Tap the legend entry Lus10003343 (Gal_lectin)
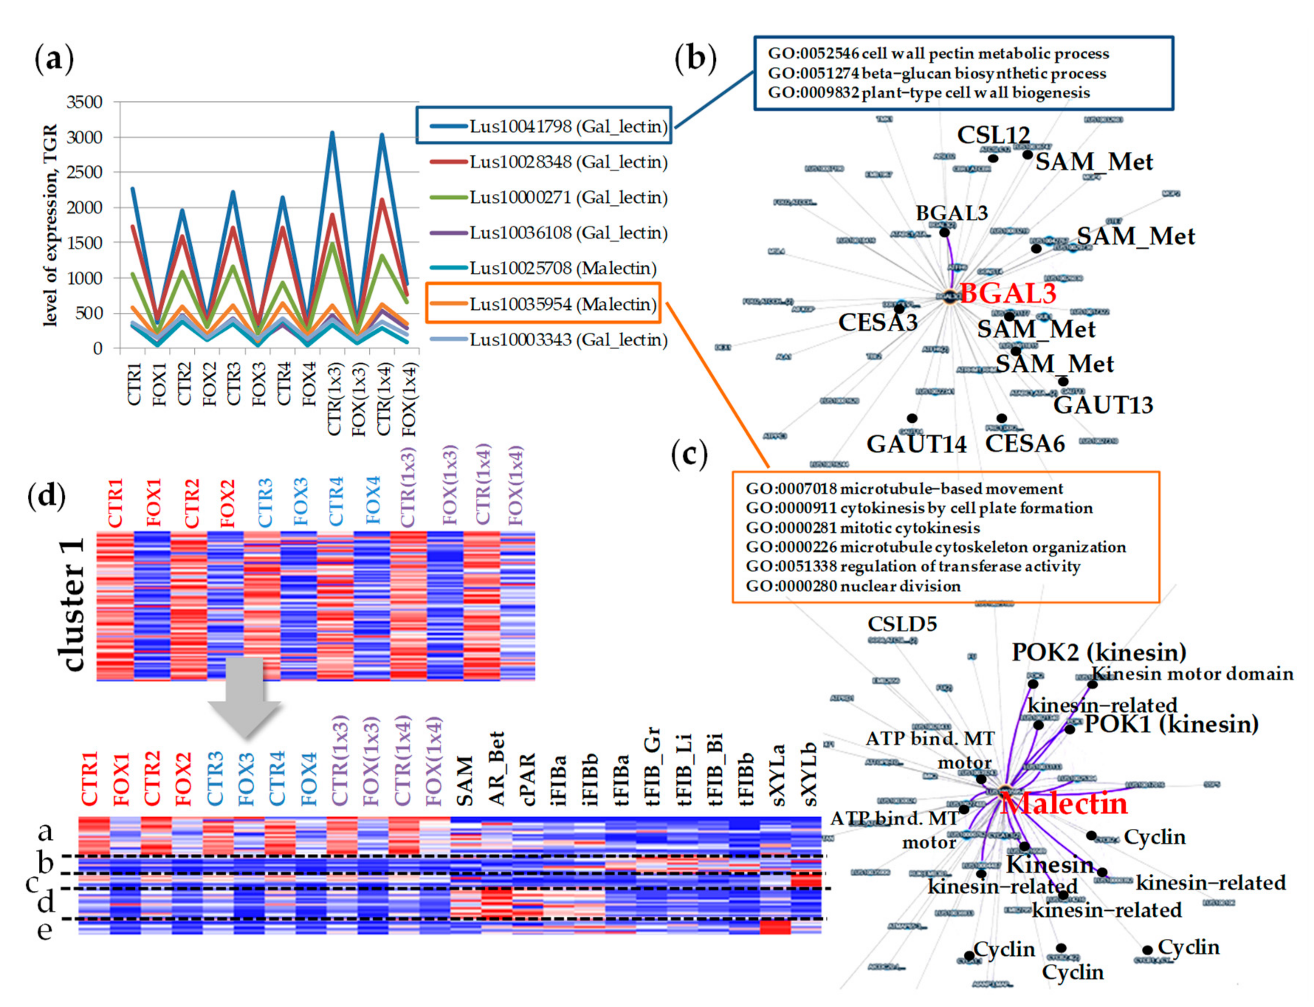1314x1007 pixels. click(567, 340)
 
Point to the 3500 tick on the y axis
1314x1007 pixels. click(85, 103)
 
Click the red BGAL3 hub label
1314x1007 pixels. click(1007, 293)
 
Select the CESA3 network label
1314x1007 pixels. click(877, 323)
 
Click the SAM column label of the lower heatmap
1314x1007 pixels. click(464, 781)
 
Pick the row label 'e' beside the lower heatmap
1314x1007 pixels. click(45, 930)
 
